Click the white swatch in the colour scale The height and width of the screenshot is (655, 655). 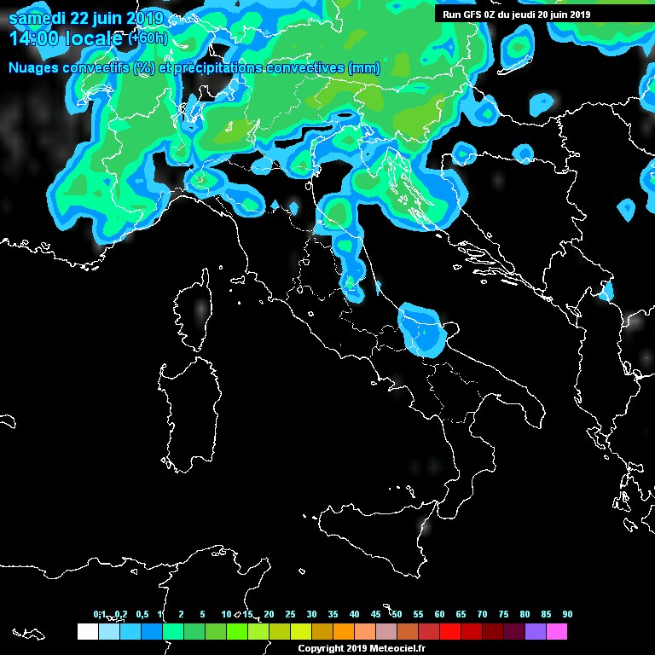coord(87,631)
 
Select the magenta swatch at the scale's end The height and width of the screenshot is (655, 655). coord(556,631)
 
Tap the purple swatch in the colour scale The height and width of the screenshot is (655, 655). coord(535,631)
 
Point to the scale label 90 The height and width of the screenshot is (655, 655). coord(567,615)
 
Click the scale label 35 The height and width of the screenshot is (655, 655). coord(333,615)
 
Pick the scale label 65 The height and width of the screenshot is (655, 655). coord(461,615)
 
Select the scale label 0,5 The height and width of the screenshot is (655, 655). coord(141,615)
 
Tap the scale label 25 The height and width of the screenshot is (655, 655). coord(290,615)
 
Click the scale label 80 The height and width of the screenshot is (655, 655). coord(525,615)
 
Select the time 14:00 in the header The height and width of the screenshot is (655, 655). coord(35,38)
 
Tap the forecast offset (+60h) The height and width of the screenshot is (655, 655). coord(148,39)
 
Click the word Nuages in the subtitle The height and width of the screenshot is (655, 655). coord(34,68)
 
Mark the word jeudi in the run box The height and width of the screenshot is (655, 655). coord(525,14)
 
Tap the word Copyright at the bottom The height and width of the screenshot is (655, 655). coord(321,649)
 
